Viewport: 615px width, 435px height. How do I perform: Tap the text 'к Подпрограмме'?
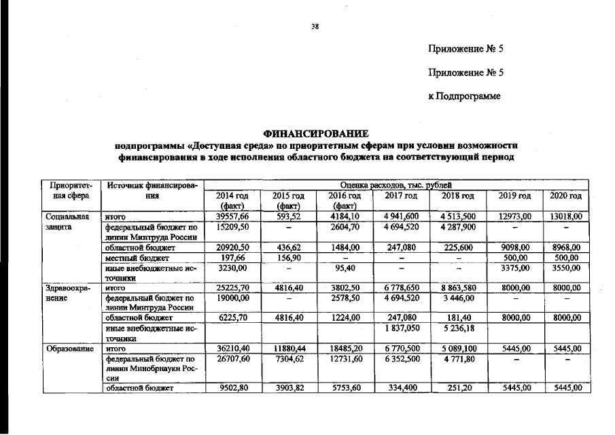click(x=464, y=97)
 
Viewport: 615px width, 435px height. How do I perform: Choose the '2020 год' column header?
click(x=565, y=196)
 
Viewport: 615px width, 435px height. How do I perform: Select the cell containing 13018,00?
click(x=565, y=216)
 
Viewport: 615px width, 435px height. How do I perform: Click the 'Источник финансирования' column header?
click(x=151, y=190)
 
